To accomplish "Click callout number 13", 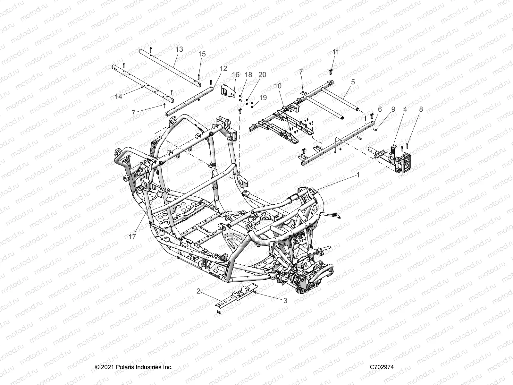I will coord(179,49).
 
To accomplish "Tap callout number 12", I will coord(223,68).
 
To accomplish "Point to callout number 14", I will coord(119,96).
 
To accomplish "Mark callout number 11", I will coord(336,52).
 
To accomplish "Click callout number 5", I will coord(353,82).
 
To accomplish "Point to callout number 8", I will coord(421,109).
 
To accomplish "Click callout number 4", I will coord(405,109).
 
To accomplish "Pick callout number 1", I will coord(358,175).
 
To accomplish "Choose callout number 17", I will coord(132,237).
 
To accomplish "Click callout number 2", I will coord(198,291).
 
